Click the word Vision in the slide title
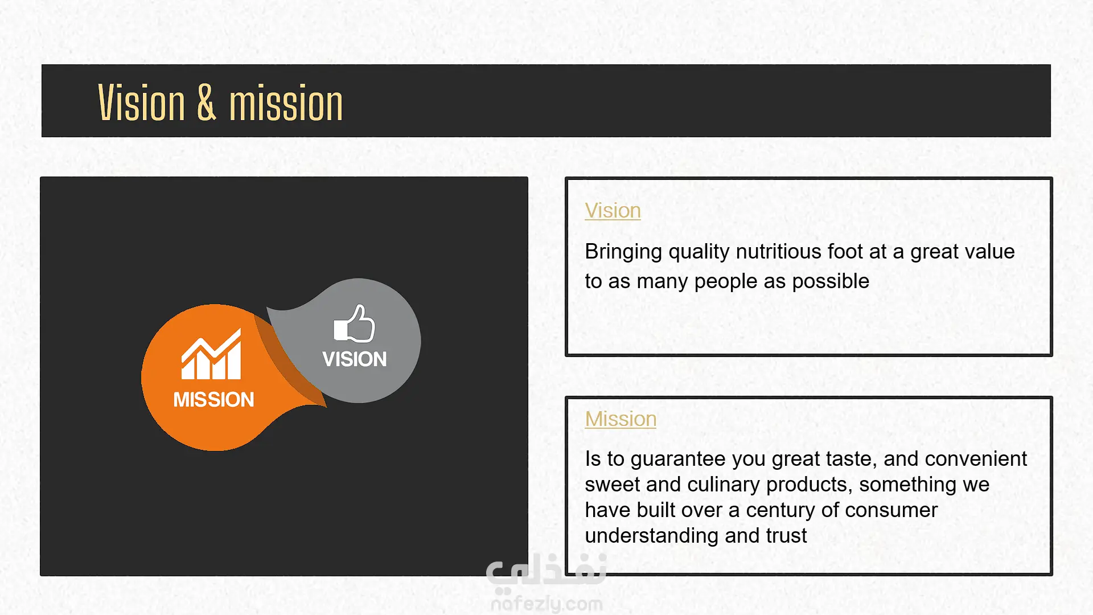pos(142,103)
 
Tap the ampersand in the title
pos(207,103)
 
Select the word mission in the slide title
pos(286,103)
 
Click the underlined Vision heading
pos(613,211)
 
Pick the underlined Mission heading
pos(621,419)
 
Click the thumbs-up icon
pos(354,323)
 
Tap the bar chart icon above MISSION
pos(211,354)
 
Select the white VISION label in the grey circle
pos(354,359)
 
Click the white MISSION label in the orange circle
pos(213,400)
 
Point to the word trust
pos(786,536)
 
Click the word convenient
pos(976,459)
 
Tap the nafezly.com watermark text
pos(546,604)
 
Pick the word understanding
pos(652,536)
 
